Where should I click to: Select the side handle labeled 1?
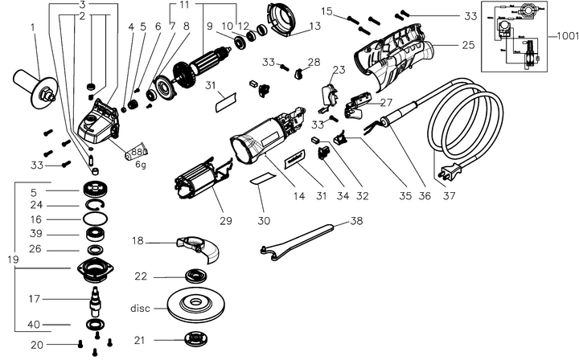click(x=31, y=84)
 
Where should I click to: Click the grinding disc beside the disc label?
click(x=193, y=306)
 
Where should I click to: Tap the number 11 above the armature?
click(x=184, y=6)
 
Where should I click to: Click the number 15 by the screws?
click(x=326, y=11)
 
